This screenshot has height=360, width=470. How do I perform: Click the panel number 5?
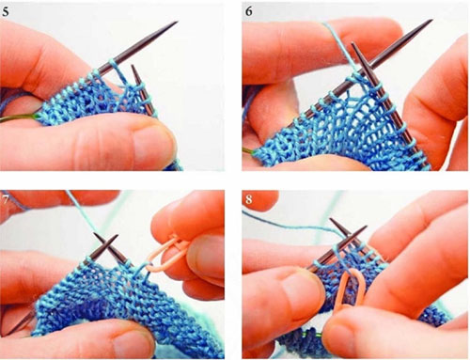tap(6, 11)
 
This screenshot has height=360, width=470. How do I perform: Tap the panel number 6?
tap(249, 11)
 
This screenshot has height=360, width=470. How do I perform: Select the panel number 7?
tap(6, 199)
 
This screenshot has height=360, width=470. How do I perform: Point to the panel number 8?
tap(249, 199)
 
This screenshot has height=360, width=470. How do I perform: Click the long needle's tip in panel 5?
tap(178, 22)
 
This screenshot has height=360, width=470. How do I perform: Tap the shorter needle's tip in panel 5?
tap(132, 66)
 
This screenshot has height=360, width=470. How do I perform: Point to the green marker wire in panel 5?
tap(20, 117)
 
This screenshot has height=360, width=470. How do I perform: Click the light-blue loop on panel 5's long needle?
tap(114, 64)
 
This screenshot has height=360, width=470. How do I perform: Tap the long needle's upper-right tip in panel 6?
tap(432, 21)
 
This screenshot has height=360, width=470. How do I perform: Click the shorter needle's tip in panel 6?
tap(352, 43)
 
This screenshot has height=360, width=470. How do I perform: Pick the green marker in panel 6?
tap(248, 151)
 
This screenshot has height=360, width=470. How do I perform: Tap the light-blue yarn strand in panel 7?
tap(81, 213)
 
